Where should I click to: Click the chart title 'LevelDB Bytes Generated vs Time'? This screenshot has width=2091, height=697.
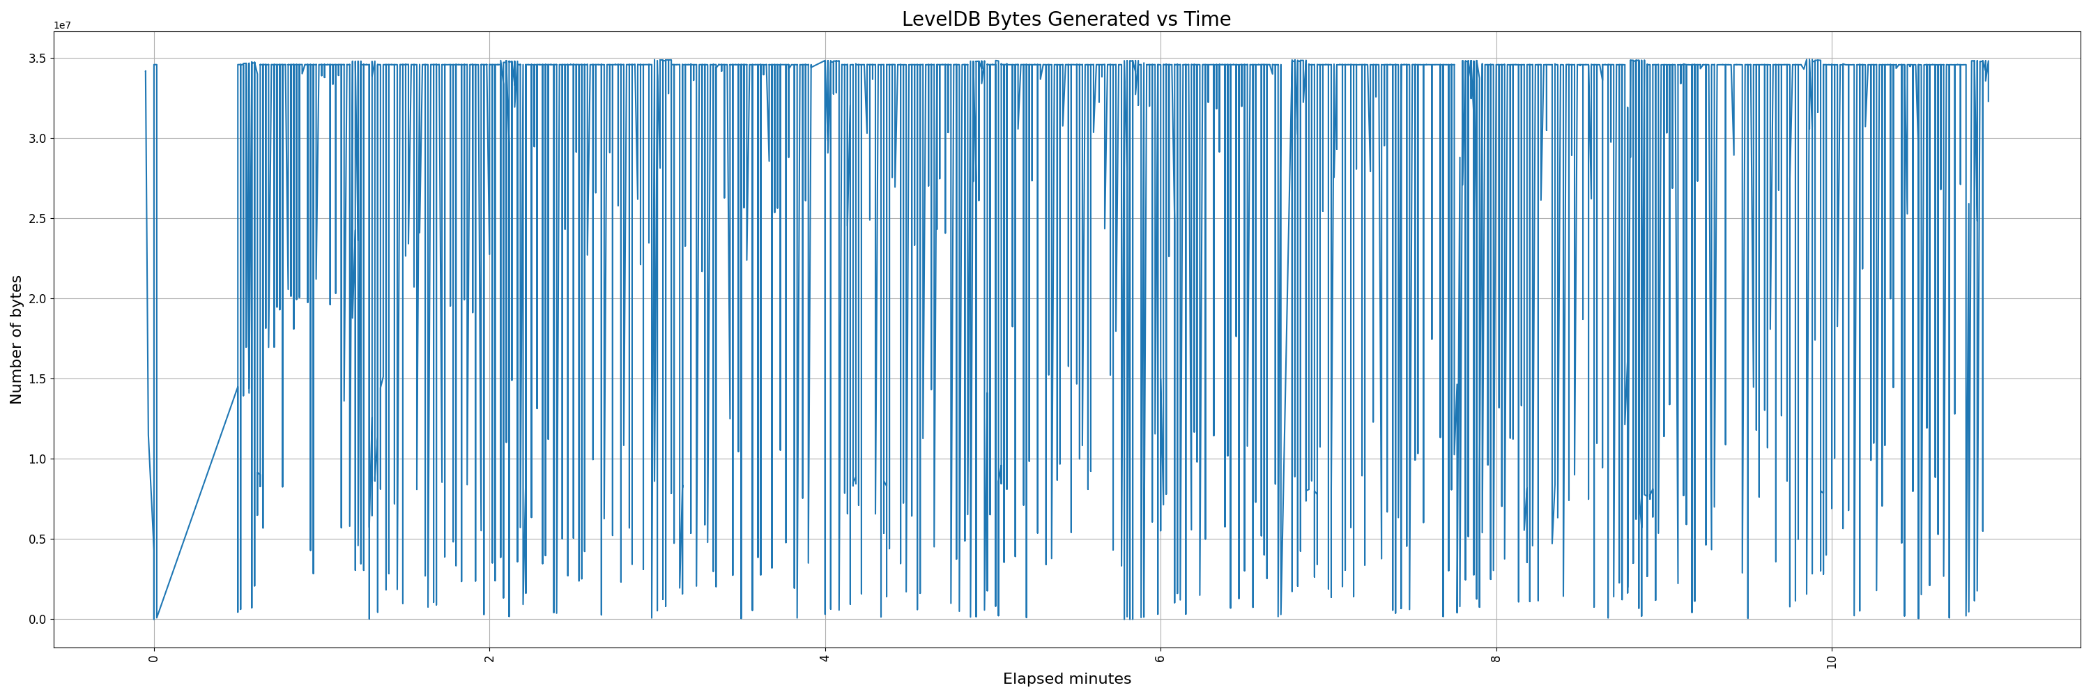coord(1066,19)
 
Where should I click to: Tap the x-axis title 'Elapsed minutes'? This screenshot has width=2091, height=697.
coord(1066,679)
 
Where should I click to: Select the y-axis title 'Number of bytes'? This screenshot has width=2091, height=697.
coord(16,339)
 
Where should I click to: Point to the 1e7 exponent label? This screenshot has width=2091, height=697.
coord(63,25)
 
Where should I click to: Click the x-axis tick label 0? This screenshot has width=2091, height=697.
coord(153,658)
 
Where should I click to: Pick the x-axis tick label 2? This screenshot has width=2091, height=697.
coord(489,658)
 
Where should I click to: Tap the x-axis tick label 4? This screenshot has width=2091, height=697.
coord(825,658)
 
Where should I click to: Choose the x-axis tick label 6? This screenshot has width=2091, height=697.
coord(1160,658)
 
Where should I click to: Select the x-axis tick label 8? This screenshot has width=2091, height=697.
coord(1495,658)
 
